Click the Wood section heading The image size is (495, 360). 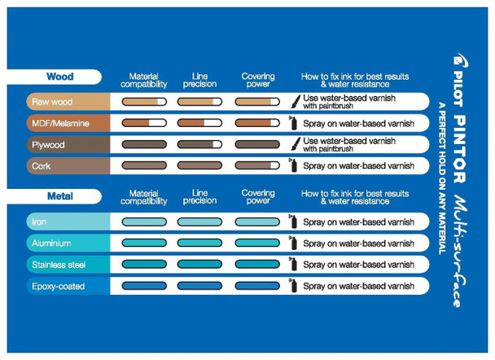point(60,77)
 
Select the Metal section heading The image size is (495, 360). point(60,196)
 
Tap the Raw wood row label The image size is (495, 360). point(52,102)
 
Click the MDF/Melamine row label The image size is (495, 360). point(60,123)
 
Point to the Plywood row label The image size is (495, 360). point(48,145)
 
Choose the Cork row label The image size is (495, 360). point(41,166)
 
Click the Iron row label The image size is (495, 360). point(39,222)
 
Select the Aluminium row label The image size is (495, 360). point(51,244)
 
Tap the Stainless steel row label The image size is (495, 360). point(59,265)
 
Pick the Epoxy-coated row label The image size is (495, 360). point(58,287)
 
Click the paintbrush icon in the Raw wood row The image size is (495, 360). point(296,102)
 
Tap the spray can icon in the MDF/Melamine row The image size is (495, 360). point(293,123)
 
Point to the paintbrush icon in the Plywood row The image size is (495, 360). point(296,144)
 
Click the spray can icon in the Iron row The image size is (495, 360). point(293,222)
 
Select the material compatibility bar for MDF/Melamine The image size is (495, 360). point(144,123)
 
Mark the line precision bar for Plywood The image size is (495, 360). point(199,144)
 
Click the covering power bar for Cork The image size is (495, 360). point(257,165)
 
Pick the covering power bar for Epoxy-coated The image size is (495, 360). point(257,286)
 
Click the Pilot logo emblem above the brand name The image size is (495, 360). point(460,60)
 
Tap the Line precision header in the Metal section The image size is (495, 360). point(199,197)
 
